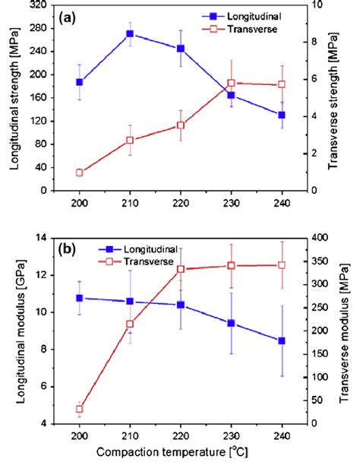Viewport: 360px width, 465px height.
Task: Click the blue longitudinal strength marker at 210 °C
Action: (x=130, y=33)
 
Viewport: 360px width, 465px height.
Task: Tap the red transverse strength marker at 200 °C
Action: (x=79, y=172)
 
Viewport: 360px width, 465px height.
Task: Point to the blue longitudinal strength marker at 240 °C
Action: (x=282, y=115)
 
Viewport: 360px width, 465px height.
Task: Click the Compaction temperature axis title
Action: (x=181, y=454)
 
